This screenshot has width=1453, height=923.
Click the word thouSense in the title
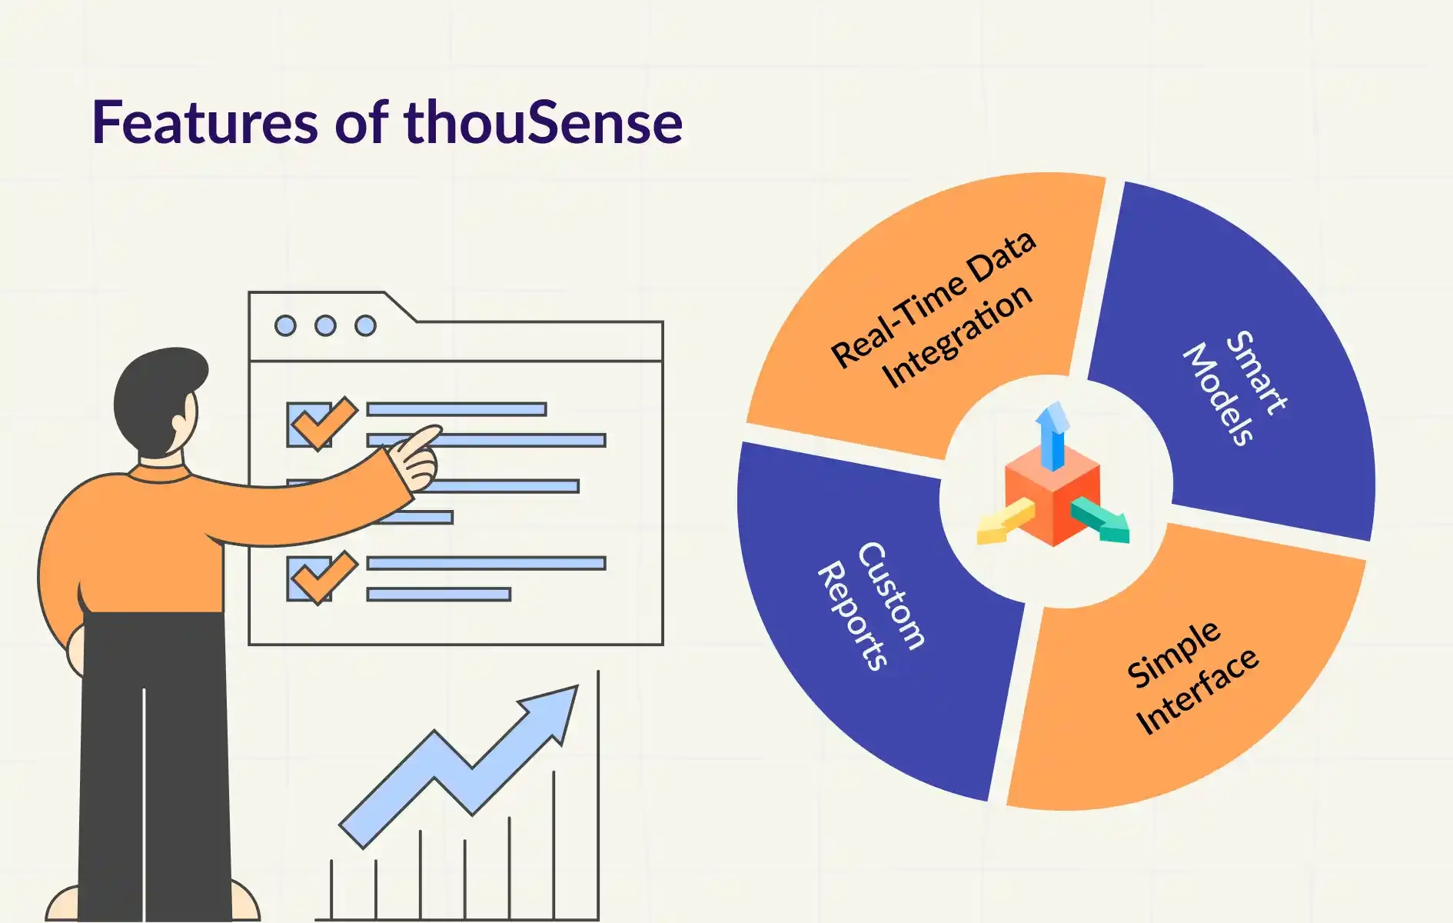click(543, 122)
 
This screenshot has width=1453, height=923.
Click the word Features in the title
click(204, 123)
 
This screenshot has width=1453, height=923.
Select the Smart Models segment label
click(1235, 388)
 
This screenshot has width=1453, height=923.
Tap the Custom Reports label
click(872, 606)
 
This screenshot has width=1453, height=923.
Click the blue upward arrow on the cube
click(1052, 435)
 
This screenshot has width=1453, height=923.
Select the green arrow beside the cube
click(1100, 519)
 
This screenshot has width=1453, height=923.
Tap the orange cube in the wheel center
click(1052, 496)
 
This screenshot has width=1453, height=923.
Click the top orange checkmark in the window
click(324, 422)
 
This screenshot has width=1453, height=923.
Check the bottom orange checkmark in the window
click(324, 577)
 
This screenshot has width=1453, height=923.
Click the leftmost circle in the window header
click(285, 325)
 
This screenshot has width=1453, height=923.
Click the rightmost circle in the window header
click(365, 325)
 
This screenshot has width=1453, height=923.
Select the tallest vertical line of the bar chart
click(598, 794)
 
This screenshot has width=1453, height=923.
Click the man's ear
click(181, 425)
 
